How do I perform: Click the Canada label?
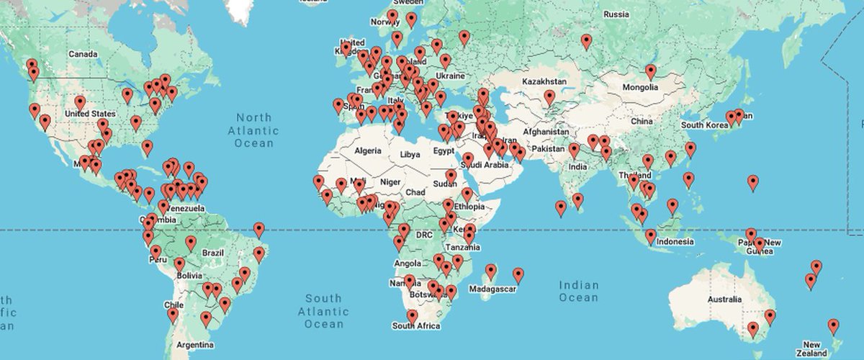tap(83, 54)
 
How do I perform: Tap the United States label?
tap(90, 114)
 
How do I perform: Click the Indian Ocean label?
tap(579, 292)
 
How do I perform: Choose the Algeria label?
tap(372, 150)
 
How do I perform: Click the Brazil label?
tap(213, 253)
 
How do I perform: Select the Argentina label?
tap(195, 345)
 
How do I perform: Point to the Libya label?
tap(410, 155)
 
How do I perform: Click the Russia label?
tap(616, 14)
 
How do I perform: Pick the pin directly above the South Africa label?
tap(412, 317)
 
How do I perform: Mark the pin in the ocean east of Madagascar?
tap(518, 275)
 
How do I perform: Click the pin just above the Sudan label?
tap(451, 176)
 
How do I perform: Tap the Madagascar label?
tap(493, 289)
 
